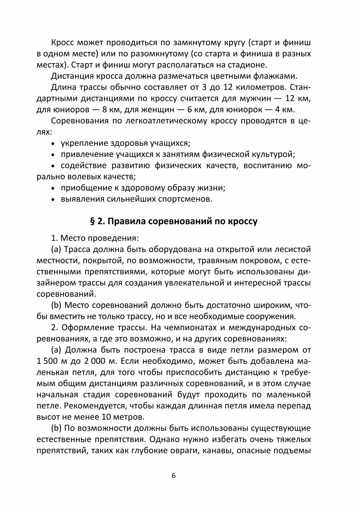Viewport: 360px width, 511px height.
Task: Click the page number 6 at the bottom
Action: click(174, 476)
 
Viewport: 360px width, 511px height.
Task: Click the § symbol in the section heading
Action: click(92, 222)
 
